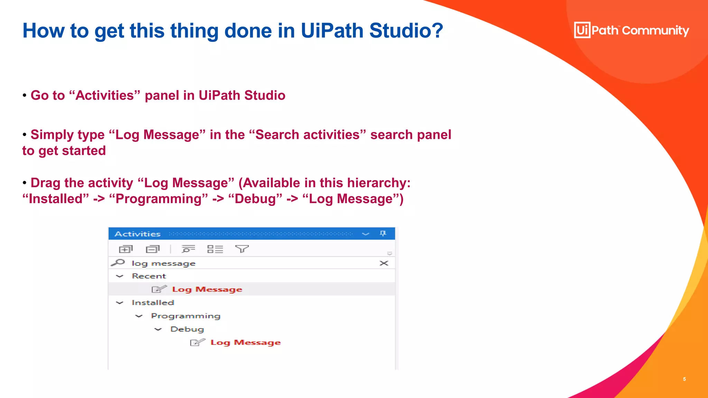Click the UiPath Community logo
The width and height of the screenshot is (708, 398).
point(631,30)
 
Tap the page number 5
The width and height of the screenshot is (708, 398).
point(684,379)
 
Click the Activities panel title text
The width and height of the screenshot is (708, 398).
point(138,234)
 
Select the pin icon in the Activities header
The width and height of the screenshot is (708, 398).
point(383,234)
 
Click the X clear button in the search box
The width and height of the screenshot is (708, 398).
point(384,263)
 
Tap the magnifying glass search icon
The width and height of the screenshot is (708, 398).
point(118,263)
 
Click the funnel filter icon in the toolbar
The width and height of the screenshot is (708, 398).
point(242,249)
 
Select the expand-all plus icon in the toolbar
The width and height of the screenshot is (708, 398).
point(125,249)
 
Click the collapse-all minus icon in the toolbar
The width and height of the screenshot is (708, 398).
point(152,249)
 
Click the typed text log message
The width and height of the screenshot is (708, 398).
point(164,264)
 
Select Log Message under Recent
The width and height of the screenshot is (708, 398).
point(207,289)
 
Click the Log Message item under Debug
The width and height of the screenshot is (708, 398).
point(245,342)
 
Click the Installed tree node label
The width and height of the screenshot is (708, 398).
point(153,303)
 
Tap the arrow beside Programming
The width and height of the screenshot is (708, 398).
point(139,316)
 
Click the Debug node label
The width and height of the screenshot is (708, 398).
point(187,329)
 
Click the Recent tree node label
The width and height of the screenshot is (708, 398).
point(149,276)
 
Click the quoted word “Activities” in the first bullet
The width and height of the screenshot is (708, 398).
point(105,95)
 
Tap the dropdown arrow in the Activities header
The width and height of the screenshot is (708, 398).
point(365,234)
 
